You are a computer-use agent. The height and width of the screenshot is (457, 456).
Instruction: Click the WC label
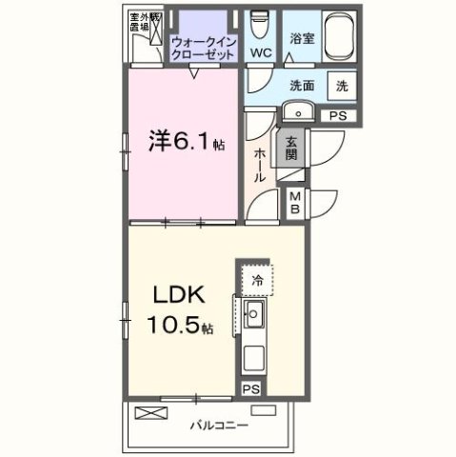pyautogui.click(x=260, y=52)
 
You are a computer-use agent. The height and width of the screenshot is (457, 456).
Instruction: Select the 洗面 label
pyautogui.click(x=302, y=84)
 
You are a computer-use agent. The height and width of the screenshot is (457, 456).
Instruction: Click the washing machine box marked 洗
pyautogui.click(x=342, y=84)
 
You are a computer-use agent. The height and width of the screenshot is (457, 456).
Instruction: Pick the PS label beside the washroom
pyautogui.click(x=337, y=115)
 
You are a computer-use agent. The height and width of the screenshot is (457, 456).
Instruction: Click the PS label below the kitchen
pyautogui.click(x=251, y=388)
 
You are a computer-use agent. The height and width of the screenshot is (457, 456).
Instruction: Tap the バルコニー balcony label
pyautogui.click(x=219, y=424)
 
